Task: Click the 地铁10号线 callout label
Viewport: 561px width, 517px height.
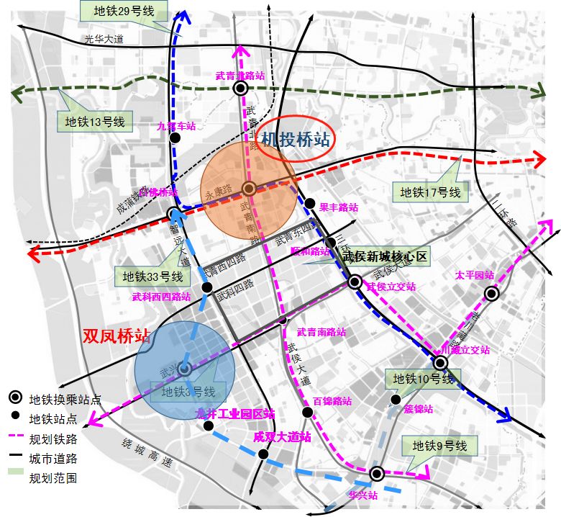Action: tap(421, 379)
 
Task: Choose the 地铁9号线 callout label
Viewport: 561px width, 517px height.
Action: tap(440, 446)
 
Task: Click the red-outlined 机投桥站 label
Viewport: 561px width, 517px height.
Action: tap(296, 138)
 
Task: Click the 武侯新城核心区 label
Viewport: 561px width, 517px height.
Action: tap(385, 256)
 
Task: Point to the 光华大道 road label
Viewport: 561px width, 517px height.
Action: tap(104, 40)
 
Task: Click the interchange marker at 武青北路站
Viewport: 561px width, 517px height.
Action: tap(240, 88)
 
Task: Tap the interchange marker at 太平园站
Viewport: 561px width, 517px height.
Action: tap(491, 293)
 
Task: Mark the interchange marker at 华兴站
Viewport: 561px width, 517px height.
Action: tap(376, 473)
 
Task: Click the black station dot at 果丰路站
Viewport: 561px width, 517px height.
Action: tap(310, 203)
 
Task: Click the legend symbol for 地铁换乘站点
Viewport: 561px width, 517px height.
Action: tap(14, 399)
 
